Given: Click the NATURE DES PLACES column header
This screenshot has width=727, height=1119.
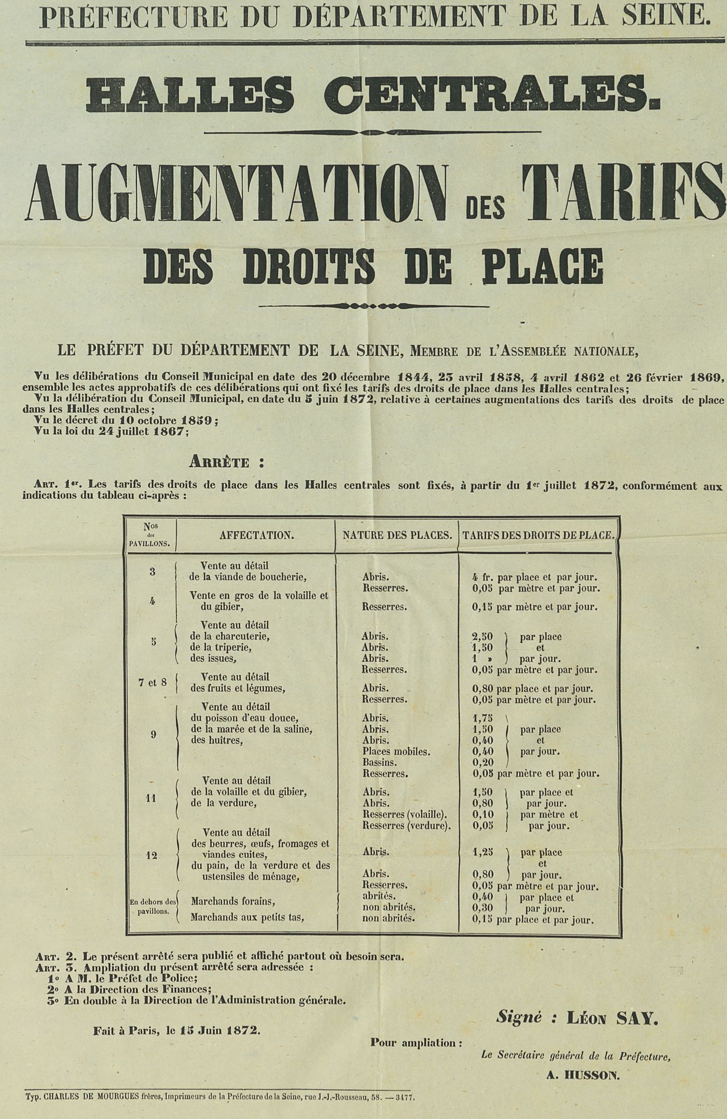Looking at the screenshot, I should pyautogui.click(x=397, y=535).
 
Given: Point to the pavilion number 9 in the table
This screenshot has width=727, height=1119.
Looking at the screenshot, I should pyautogui.click(x=153, y=735).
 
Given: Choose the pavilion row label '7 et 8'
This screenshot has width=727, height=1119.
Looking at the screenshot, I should pyautogui.click(x=152, y=683).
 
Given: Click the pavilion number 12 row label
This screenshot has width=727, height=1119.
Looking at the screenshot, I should pyautogui.click(x=152, y=855).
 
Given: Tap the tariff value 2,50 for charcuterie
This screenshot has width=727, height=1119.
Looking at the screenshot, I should pyautogui.click(x=482, y=637).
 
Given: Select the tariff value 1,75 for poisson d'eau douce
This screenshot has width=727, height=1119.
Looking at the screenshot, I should pyautogui.click(x=482, y=718).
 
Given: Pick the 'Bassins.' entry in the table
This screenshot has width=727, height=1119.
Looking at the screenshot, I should pyautogui.click(x=380, y=763).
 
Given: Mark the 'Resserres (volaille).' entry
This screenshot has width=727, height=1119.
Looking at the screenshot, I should pyautogui.click(x=406, y=815).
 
